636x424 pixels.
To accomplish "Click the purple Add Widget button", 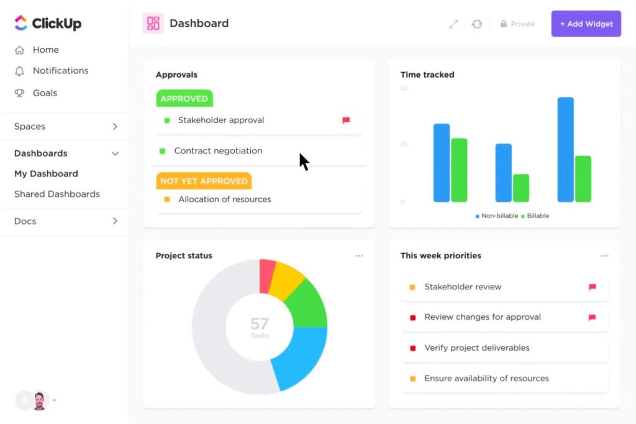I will pos(586,24).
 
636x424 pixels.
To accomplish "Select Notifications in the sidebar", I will pos(60,71).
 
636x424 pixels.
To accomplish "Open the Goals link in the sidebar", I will pos(45,93).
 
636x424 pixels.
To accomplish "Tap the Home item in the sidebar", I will pos(45,50).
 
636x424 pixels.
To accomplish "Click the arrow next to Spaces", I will pos(115,127).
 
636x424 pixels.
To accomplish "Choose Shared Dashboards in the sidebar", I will pos(57,194).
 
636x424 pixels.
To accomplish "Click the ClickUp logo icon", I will pos(20,24).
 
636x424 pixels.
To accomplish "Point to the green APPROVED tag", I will pos(184,99).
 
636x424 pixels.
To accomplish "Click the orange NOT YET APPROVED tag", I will pos(204,181).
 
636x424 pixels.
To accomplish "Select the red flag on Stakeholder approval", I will pos(346,120).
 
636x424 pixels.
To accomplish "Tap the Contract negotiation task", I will pos(218,151).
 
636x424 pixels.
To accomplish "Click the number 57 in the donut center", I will pos(259,323).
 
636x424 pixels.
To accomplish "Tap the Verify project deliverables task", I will pos(476,348).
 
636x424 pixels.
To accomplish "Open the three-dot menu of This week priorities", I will pos(604,256).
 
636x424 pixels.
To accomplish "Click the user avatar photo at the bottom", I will pos(40,400).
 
